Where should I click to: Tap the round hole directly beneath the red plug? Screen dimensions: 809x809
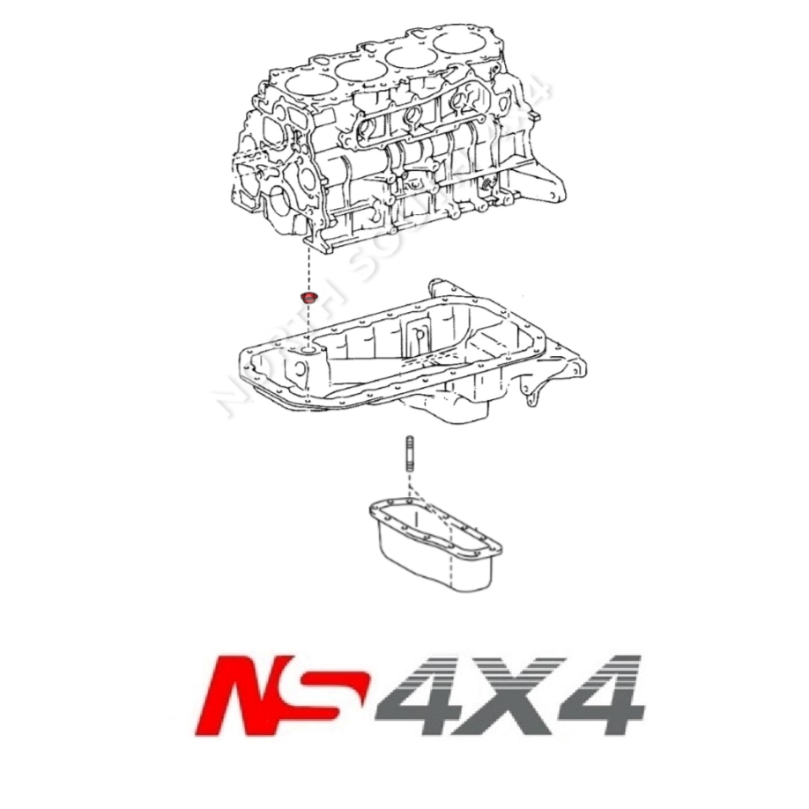[308, 353]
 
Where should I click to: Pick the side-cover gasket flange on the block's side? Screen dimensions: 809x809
[413, 123]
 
